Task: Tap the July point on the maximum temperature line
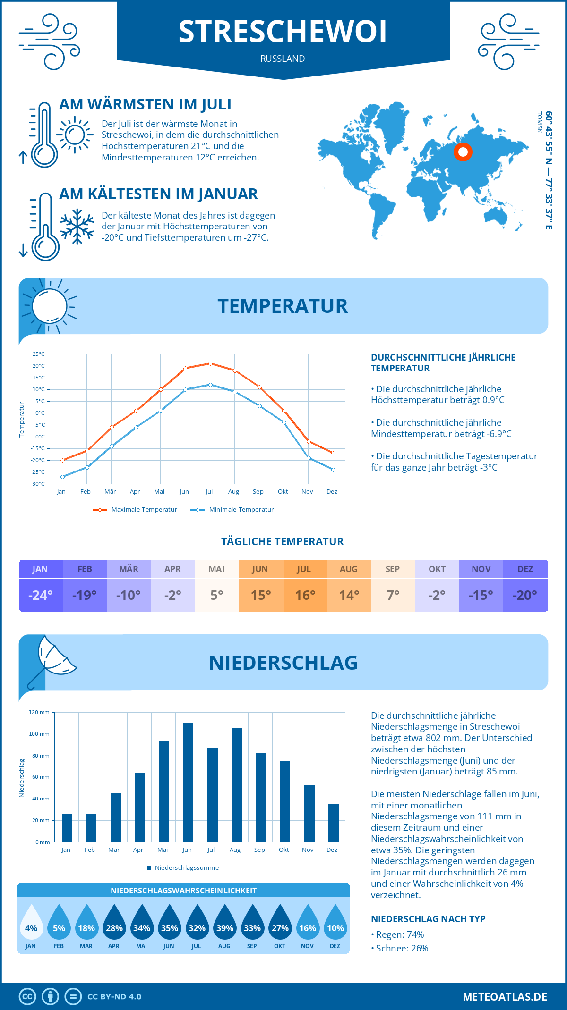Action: [x=210, y=363]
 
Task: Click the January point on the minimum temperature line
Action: [x=62, y=477]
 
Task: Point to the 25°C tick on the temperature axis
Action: [x=39, y=354]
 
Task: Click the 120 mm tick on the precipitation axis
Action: [x=39, y=712]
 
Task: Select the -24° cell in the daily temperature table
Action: [x=41, y=595]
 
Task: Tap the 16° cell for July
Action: [x=305, y=595]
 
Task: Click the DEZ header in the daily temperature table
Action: [x=525, y=569]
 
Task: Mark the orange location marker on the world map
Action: [x=463, y=152]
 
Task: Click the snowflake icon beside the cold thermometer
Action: [x=77, y=227]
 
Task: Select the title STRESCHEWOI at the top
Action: [x=283, y=32]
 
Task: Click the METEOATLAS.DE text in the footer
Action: [x=505, y=997]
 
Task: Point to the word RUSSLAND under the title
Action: [x=283, y=59]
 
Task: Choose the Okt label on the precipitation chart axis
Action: [x=283, y=850]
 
